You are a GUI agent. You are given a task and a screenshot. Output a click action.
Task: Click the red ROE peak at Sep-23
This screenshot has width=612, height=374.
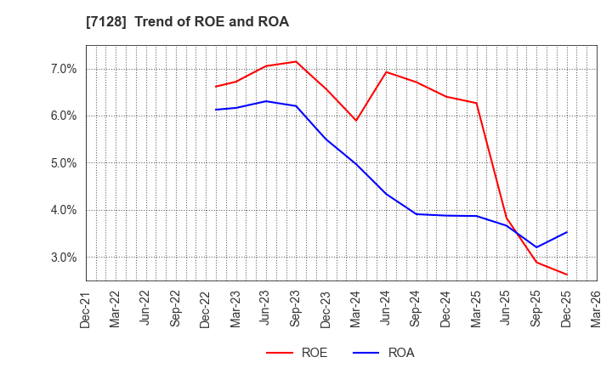point(296,61)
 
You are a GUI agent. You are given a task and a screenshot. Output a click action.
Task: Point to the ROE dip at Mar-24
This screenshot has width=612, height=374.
point(356,120)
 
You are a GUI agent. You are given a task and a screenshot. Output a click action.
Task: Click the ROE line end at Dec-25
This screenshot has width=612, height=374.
point(566,275)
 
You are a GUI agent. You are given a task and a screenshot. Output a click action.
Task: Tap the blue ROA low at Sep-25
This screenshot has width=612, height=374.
point(536,247)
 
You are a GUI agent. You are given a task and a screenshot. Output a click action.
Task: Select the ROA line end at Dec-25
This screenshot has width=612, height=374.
point(566,232)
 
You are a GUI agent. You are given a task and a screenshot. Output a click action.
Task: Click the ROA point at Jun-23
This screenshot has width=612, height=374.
point(266,101)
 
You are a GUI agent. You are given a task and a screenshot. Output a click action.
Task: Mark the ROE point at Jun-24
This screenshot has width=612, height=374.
point(386,71)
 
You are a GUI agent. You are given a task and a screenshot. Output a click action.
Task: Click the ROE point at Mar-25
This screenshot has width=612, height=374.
point(476,103)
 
